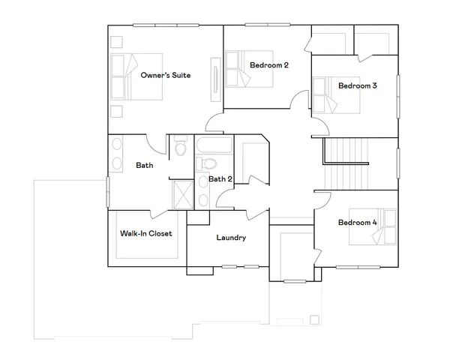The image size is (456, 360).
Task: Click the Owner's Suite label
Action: (166, 75)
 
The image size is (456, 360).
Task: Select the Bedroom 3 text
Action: (357, 85)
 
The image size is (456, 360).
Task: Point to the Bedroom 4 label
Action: (357, 222)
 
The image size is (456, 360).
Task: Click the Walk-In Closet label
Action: (146, 233)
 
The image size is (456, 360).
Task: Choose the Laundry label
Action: (231, 238)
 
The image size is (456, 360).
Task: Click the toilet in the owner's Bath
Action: (180, 148)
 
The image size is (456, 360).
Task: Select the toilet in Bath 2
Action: (209, 163)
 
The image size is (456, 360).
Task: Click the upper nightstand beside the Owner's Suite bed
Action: (116, 40)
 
